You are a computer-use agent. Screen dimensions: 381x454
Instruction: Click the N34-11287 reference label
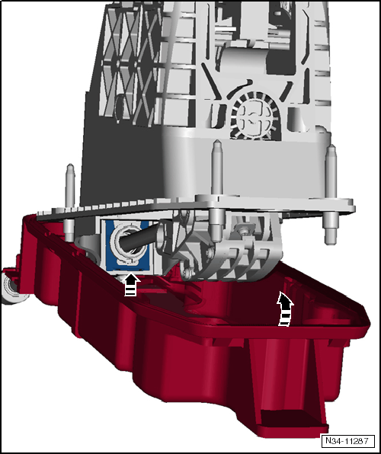coord(347,441)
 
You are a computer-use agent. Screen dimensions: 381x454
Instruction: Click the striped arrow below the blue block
coord(130,285)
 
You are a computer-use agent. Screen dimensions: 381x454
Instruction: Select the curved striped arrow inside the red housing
coord(285,309)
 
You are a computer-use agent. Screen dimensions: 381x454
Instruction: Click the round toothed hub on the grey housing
coord(254,117)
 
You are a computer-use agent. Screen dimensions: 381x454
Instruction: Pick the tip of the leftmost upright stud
coord(70,166)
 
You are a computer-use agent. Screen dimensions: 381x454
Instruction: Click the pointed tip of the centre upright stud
coord(217,142)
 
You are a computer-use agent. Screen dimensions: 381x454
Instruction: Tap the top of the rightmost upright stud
coord(331,147)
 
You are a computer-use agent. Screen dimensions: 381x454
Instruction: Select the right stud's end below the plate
coord(331,236)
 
